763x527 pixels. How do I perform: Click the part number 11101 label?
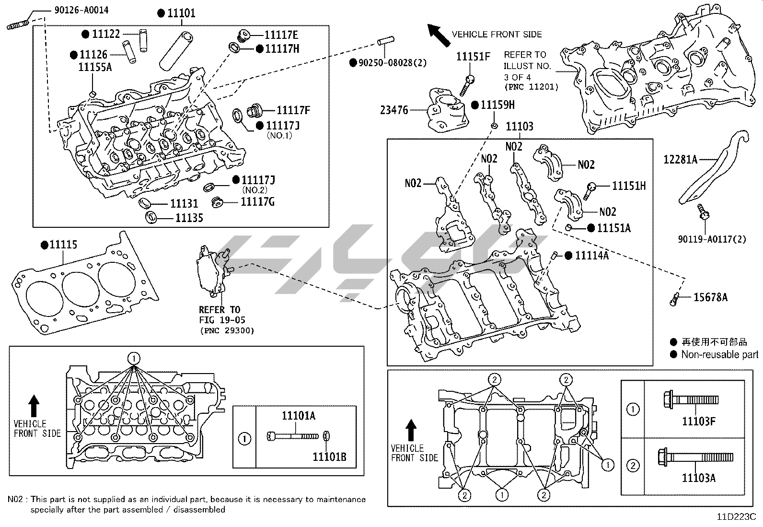click(181, 13)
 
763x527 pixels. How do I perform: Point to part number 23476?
click(394, 110)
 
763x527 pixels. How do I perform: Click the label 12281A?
click(680, 160)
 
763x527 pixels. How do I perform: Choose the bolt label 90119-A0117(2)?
click(712, 239)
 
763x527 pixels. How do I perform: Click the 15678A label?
click(710, 298)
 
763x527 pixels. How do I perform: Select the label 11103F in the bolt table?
click(698, 422)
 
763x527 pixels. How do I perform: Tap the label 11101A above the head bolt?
click(299, 416)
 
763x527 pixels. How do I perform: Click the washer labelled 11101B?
click(326, 436)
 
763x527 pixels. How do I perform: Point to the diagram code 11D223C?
click(736, 517)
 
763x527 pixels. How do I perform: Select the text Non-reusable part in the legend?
click(719, 355)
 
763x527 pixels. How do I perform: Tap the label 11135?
click(189, 218)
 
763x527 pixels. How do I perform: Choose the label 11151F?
click(473, 57)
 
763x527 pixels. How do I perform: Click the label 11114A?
click(591, 256)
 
